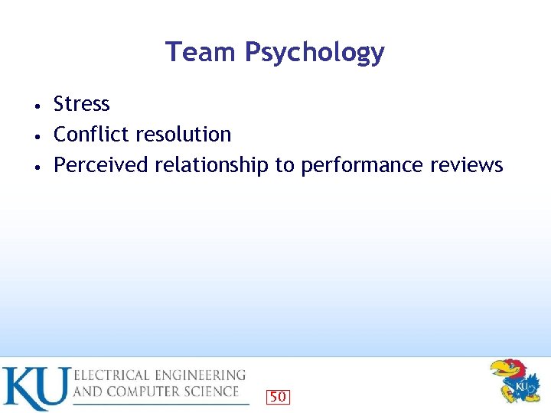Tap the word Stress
click(x=82, y=104)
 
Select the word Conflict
click(x=84, y=135)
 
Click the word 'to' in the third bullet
click(x=285, y=165)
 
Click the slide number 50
click(x=278, y=396)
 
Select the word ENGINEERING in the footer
click(x=204, y=376)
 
